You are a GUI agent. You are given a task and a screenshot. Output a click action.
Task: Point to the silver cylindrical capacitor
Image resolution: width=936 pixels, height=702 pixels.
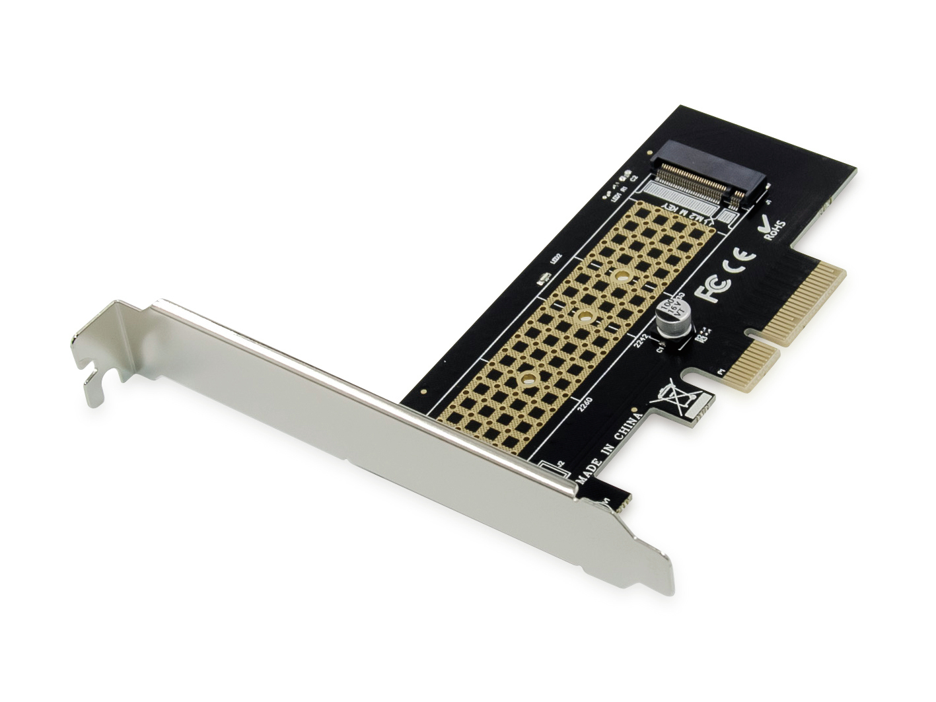point(671,321)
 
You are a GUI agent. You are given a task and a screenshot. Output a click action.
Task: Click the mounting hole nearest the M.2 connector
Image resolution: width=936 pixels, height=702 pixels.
point(622,277)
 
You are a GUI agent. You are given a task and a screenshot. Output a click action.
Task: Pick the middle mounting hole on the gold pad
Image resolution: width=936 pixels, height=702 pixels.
point(583,318)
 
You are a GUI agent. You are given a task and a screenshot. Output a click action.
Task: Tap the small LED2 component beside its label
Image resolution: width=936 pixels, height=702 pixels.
point(546,280)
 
